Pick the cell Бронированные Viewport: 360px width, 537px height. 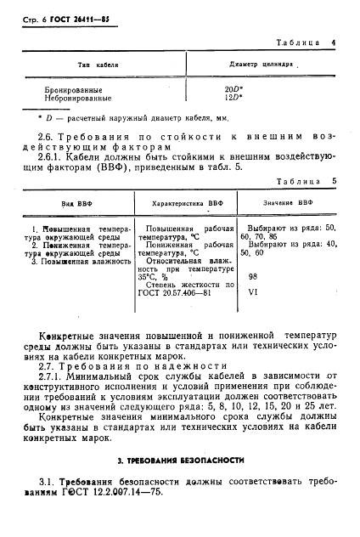(74, 88)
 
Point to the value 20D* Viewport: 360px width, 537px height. (256, 88)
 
